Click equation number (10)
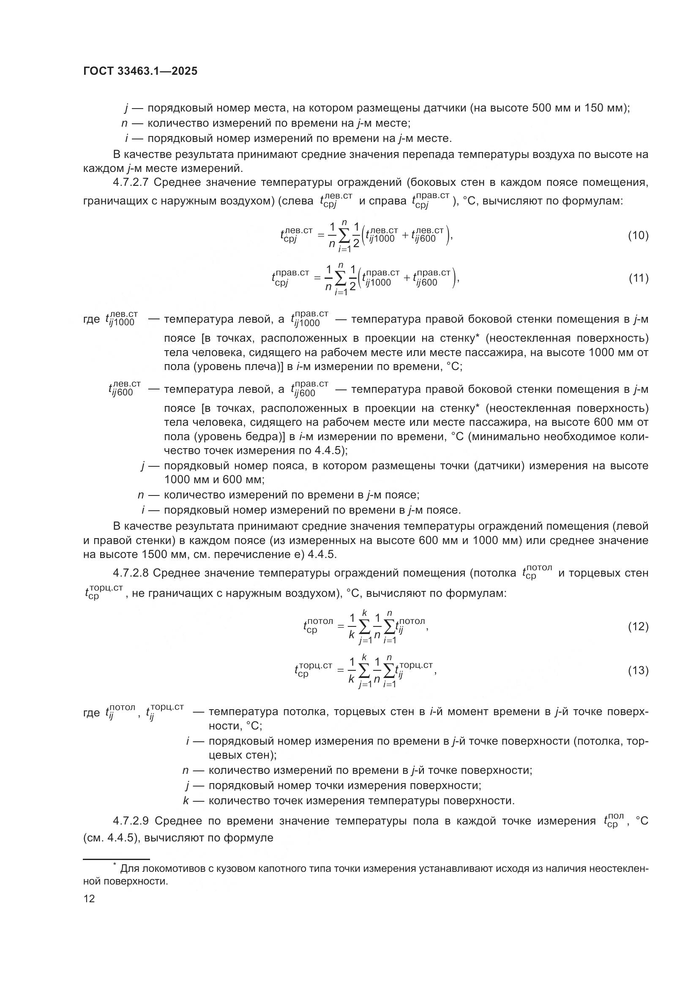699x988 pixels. pyautogui.click(x=638, y=235)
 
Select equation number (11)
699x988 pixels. pyautogui.click(x=638, y=278)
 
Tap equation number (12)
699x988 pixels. pyautogui.click(x=638, y=626)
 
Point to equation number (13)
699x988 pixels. pyautogui.click(x=638, y=670)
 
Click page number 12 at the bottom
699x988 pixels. pyautogui.click(x=89, y=899)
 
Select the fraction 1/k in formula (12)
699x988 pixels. pyautogui.click(x=352, y=627)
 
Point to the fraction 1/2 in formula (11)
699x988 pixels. pyautogui.click(x=353, y=279)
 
